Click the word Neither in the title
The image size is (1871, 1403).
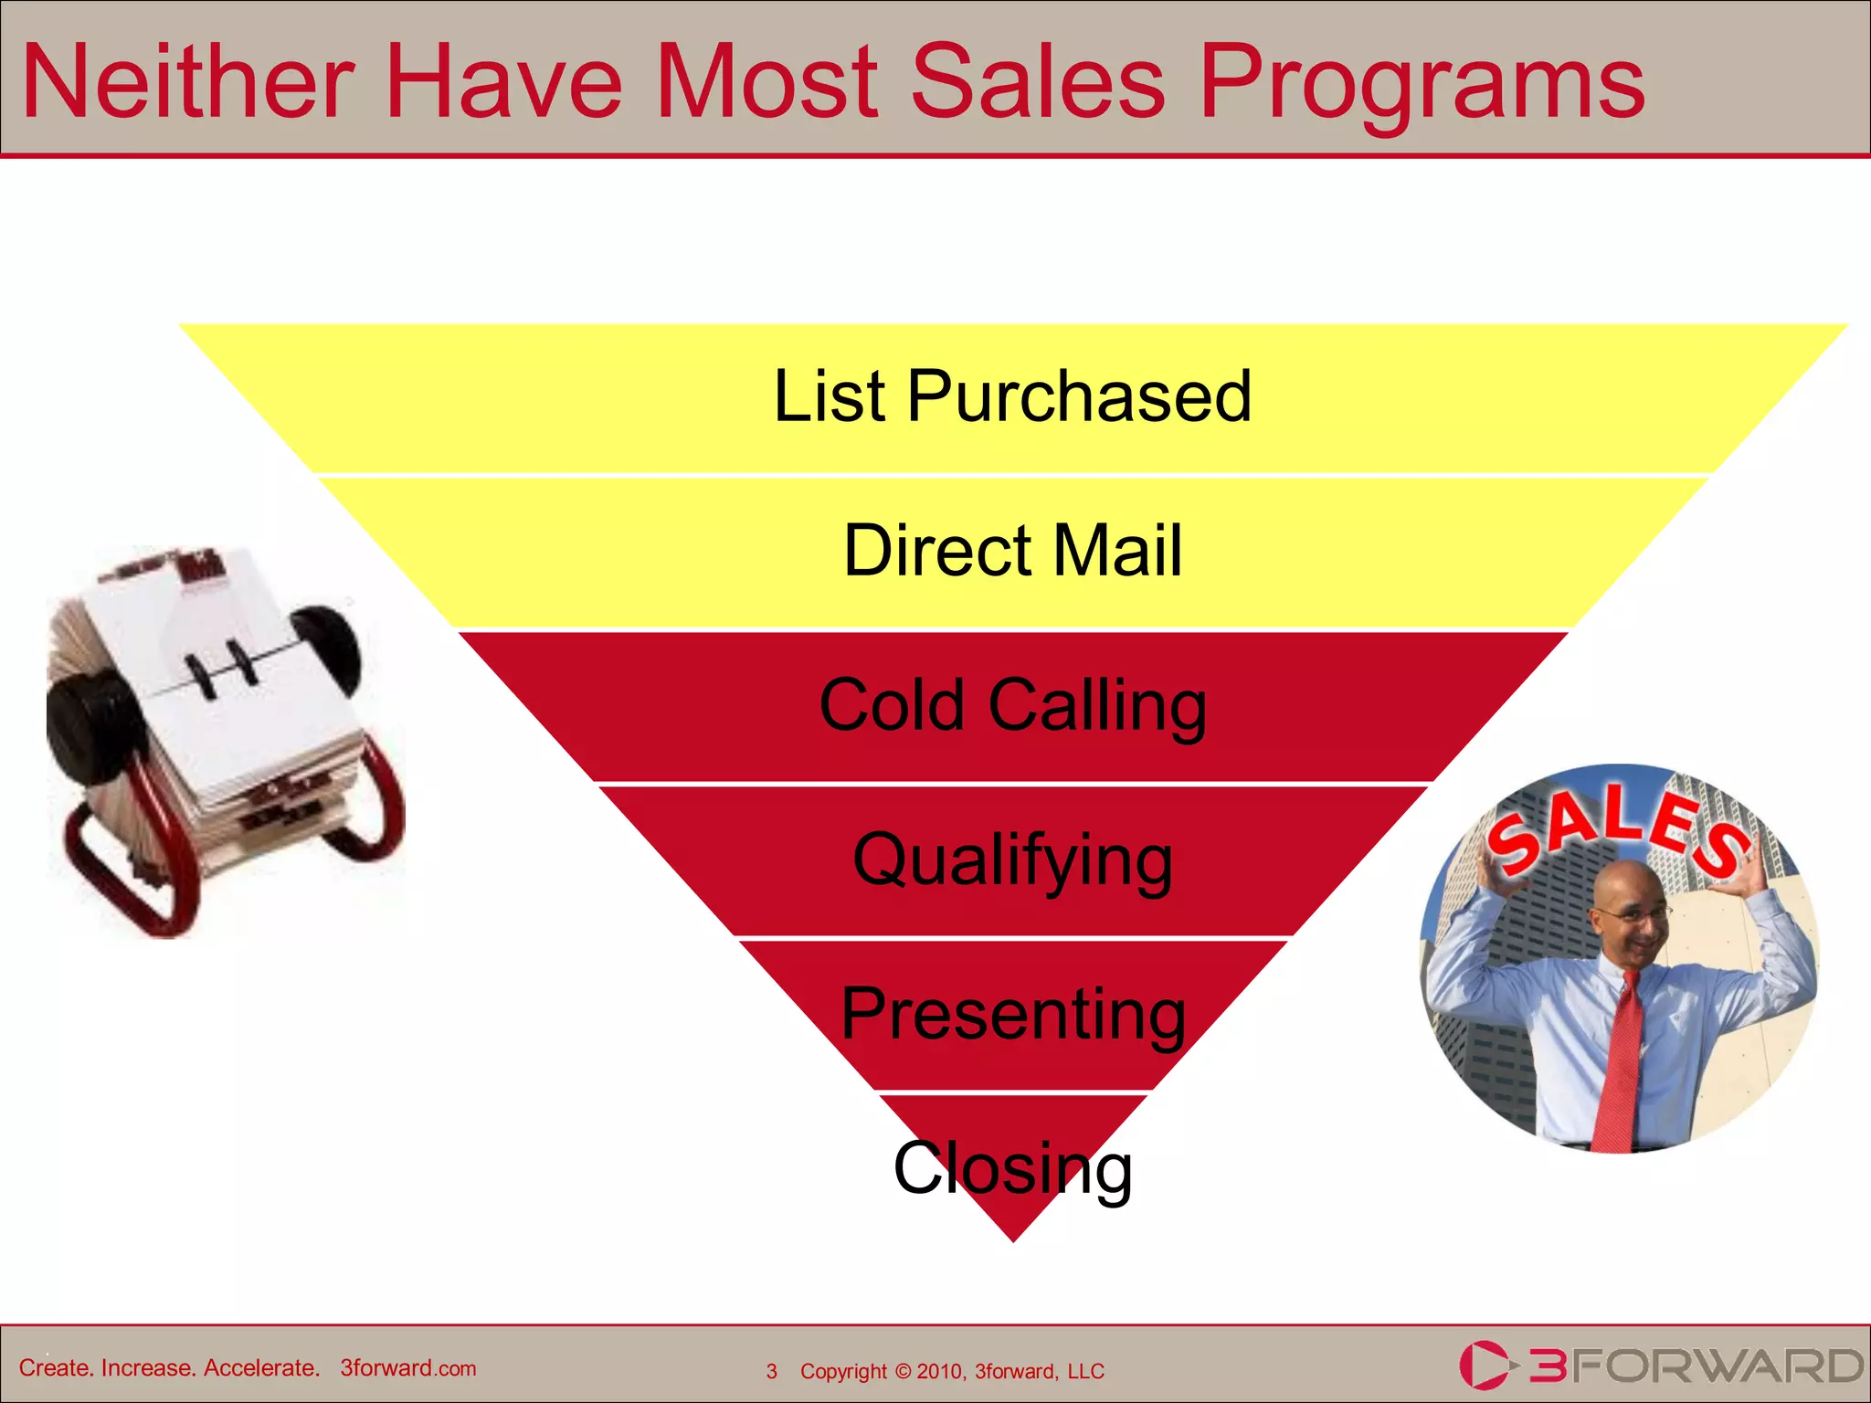coord(187,82)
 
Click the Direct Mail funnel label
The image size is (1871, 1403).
coord(1012,550)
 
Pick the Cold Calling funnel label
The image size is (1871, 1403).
coord(1012,705)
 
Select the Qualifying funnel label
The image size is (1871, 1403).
coord(1012,860)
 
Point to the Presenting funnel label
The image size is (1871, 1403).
coord(1012,1014)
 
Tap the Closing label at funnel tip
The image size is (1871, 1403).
coord(1012,1167)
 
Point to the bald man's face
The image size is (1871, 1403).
coord(1631,913)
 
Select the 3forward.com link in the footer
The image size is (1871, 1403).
coord(407,1367)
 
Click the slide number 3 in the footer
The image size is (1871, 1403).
coord(772,1371)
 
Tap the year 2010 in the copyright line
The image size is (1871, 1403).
coord(938,1371)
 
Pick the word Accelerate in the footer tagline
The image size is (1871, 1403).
coord(261,1367)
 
